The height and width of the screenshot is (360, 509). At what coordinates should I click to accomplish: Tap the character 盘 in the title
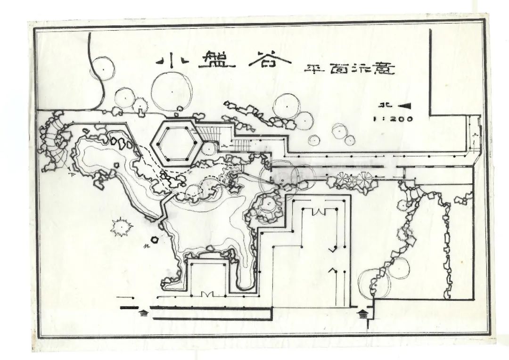pyautogui.click(x=216, y=63)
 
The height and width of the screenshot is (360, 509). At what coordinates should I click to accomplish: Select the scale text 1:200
pyautogui.click(x=393, y=119)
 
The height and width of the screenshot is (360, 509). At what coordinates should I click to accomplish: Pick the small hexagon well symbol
pyautogui.click(x=154, y=239)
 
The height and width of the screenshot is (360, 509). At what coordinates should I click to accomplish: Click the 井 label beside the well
pyautogui.click(x=147, y=246)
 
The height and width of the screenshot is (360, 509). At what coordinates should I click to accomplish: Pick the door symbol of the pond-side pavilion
pyautogui.click(x=208, y=294)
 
